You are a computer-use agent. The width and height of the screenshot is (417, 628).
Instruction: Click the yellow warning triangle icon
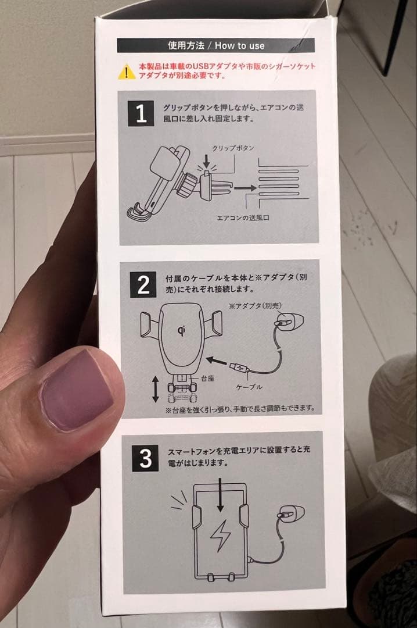127,72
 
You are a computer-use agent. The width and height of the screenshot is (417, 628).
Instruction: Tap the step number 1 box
141,114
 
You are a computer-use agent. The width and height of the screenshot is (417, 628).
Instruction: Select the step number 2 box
143,285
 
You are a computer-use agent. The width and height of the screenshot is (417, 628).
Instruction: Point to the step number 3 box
145,458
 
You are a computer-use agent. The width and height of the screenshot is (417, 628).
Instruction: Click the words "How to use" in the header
240,46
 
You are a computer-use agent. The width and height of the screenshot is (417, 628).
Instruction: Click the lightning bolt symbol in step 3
220,536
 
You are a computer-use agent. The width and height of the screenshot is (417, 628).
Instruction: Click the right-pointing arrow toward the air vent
245,187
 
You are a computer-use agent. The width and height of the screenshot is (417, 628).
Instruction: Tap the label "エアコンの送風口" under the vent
243,218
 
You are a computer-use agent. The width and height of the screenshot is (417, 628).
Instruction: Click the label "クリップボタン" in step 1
233,148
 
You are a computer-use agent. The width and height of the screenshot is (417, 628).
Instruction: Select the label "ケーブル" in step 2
249,387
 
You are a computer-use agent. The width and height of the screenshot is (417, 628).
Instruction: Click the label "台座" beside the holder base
207,378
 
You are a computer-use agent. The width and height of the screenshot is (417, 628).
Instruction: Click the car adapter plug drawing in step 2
289,321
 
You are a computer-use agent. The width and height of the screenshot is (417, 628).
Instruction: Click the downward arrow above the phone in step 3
220,495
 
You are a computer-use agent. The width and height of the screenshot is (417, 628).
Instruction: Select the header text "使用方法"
186,46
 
